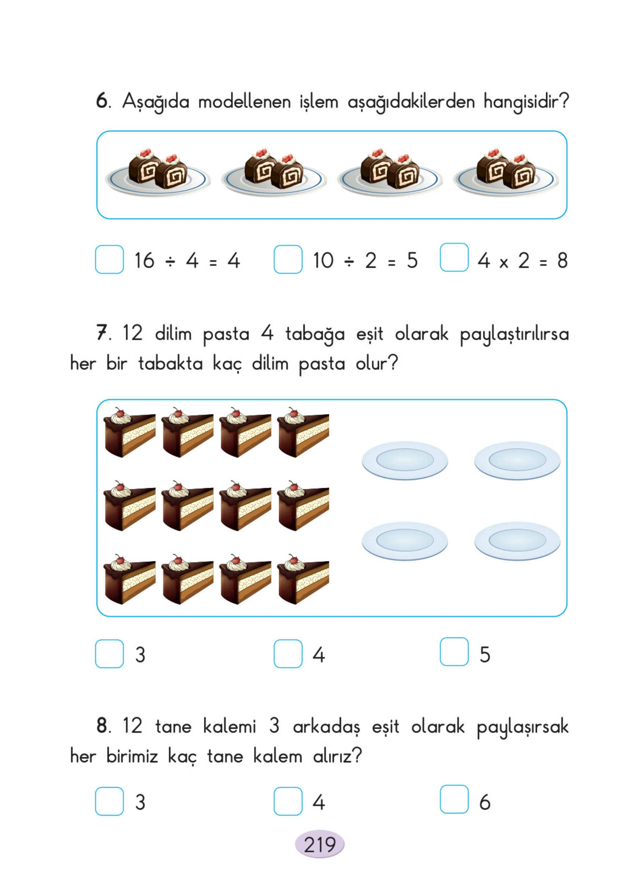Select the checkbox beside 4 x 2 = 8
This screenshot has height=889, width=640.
coord(454,257)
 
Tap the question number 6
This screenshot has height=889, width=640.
coord(102,101)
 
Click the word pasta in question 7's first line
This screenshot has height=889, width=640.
coord(226,334)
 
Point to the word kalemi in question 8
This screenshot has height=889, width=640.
coord(230,726)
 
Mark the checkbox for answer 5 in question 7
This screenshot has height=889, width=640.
coord(454,651)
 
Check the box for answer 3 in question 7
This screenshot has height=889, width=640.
coord(109,654)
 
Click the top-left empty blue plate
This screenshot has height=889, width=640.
coord(405,460)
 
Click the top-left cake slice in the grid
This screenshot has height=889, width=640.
coord(129,433)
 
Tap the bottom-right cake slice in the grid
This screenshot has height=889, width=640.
coord(303,580)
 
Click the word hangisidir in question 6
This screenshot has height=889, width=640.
coord(526,102)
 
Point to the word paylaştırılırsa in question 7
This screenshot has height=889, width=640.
coord(514,334)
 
